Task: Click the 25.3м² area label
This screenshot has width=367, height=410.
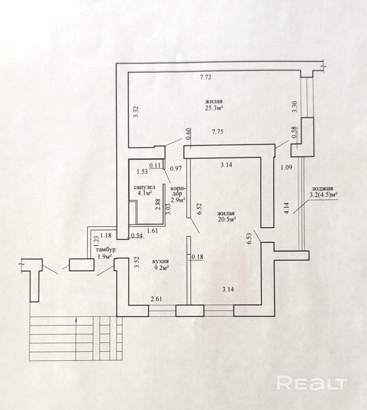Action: (x=214, y=108)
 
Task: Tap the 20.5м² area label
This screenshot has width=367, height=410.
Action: (x=227, y=220)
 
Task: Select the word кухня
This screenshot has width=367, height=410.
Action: (x=160, y=261)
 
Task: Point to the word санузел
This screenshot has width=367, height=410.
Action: (x=144, y=187)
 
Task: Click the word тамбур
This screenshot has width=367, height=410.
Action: (x=106, y=250)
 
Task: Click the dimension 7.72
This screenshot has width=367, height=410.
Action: (x=205, y=77)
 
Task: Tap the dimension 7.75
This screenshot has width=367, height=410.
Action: (x=217, y=132)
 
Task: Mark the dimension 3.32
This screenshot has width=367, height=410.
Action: (x=136, y=112)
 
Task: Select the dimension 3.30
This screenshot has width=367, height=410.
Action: (x=295, y=107)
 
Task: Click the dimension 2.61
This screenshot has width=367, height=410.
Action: (x=156, y=299)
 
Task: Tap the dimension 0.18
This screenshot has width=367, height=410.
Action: (x=198, y=257)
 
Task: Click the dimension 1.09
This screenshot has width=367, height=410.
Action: (x=286, y=168)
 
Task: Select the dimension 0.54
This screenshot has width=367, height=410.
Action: (x=137, y=236)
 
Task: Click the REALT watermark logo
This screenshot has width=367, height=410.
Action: (x=312, y=384)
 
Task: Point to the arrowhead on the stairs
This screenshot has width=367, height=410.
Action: (x=76, y=319)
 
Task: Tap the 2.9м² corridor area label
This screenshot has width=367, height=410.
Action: (x=178, y=200)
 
